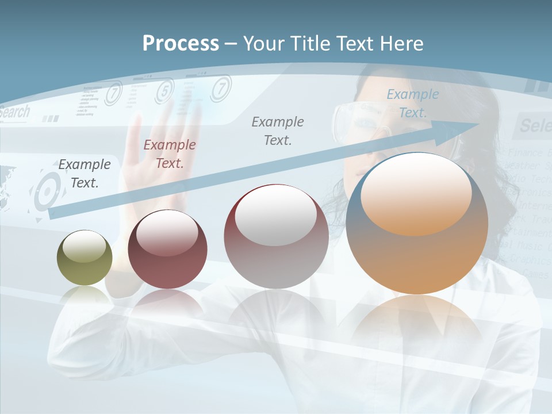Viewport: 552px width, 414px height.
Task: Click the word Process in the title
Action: click(181, 44)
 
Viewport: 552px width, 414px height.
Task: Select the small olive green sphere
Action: click(85, 258)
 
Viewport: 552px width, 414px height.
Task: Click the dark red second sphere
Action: click(167, 250)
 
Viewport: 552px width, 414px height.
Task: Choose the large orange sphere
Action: click(417, 223)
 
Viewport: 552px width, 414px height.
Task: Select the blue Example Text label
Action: click(412, 103)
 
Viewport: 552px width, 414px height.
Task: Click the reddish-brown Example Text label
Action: click(169, 154)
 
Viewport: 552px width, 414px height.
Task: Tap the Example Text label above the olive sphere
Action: click(84, 173)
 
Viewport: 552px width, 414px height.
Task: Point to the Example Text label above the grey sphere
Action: click(277, 131)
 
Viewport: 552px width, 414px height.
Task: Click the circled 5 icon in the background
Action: click(165, 90)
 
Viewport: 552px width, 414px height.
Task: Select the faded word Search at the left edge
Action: click(14, 112)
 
